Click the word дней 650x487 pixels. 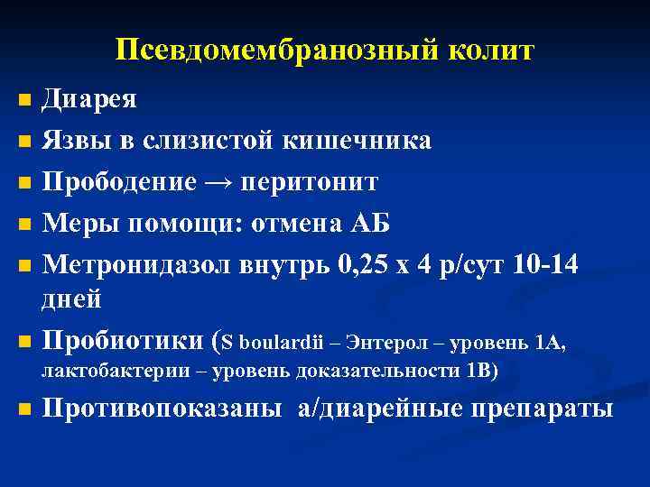point(72,299)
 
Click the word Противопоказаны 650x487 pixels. point(162,409)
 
